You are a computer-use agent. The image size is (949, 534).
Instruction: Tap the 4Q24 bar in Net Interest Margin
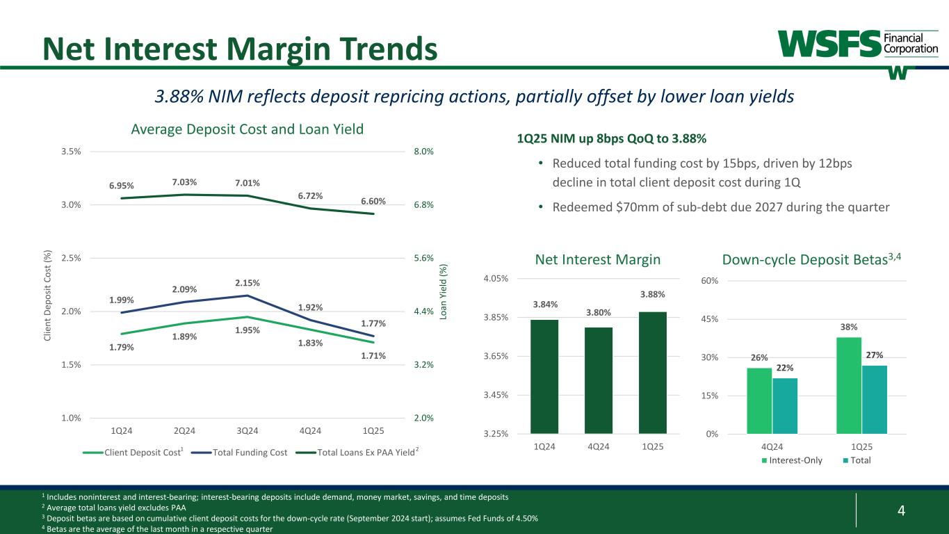click(x=598, y=380)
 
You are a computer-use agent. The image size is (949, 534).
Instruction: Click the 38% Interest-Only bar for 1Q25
click(x=849, y=385)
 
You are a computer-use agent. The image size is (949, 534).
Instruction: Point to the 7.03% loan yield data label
click(x=184, y=182)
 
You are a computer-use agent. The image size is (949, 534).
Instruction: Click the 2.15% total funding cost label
click(x=247, y=283)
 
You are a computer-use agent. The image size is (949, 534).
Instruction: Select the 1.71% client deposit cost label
click(x=373, y=356)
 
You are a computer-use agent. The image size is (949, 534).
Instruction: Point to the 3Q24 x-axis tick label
click(x=247, y=430)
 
